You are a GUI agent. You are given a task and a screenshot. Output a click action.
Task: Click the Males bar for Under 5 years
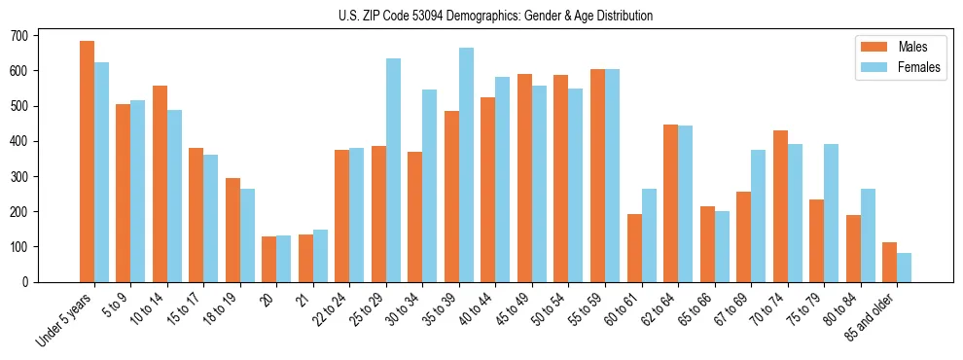87,162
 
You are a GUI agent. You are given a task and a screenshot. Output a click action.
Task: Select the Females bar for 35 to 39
467,164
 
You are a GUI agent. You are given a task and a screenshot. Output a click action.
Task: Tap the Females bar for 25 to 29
394,170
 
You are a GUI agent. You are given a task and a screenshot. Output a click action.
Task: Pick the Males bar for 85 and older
889,262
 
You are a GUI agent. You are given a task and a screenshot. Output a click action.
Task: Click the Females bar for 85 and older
905,268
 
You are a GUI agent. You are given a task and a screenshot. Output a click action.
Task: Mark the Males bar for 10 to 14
160,184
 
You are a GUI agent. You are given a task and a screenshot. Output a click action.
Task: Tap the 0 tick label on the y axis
31,282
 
